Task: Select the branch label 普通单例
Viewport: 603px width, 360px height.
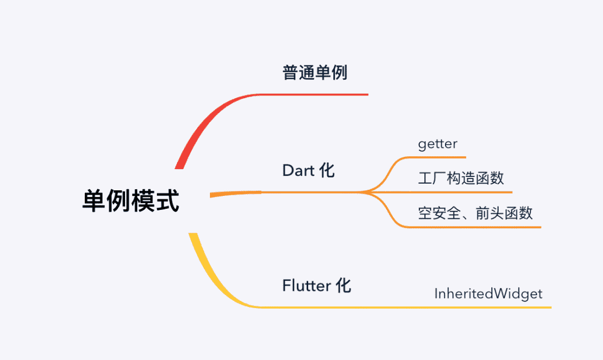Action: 315,73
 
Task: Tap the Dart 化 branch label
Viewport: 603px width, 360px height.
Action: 308,170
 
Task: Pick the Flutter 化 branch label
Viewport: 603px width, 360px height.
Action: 317,286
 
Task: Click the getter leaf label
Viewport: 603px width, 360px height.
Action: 438,144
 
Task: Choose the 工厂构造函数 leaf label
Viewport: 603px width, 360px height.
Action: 461,178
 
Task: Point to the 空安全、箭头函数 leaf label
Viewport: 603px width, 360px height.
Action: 476,213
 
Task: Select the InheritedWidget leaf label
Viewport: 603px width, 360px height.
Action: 489,294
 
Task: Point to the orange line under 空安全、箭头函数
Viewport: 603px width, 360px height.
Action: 475,227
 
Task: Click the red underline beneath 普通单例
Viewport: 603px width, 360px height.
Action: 324,94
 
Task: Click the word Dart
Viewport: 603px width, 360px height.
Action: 299,170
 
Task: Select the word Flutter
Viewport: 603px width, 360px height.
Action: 307,286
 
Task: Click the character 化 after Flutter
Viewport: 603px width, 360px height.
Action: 343,286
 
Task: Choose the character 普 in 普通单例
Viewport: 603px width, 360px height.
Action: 290,73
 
